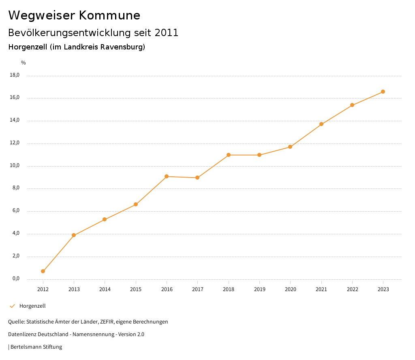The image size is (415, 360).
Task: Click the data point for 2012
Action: tap(43, 271)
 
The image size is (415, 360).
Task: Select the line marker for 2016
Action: tap(167, 176)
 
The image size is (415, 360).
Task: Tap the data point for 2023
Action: tap(383, 92)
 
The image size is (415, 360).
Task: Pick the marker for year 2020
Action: tap(290, 147)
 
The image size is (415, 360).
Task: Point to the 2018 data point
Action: tap(229, 155)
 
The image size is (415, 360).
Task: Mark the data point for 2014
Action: tap(105, 219)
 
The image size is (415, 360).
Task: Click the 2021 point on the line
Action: tap(321, 124)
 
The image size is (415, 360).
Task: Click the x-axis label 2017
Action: tap(198, 289)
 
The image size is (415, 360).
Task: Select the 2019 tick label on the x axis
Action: tap(260, 289)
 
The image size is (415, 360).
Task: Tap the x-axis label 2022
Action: tap(352, 289)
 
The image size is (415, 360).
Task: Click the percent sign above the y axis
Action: tap(24, 63)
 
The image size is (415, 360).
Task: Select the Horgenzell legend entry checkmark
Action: tap(12, 306)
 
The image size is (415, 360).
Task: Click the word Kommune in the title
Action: tap(109, 15)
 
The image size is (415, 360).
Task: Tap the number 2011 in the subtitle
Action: tap(167, 33)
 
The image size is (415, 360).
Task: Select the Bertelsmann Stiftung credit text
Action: tap(36, 347)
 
